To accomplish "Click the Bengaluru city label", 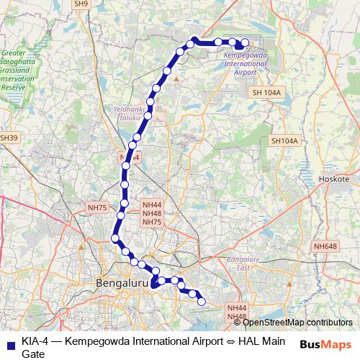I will click(122, 284).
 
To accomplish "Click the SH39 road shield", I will click(8, 138).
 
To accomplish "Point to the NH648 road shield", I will click(325, 246).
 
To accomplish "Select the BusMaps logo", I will click(325, 343).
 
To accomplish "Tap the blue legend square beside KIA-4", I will click(10, 342).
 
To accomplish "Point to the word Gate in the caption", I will click(33, 354).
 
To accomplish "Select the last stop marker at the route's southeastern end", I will click(202, 302).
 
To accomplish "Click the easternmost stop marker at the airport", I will click(245, 42).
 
